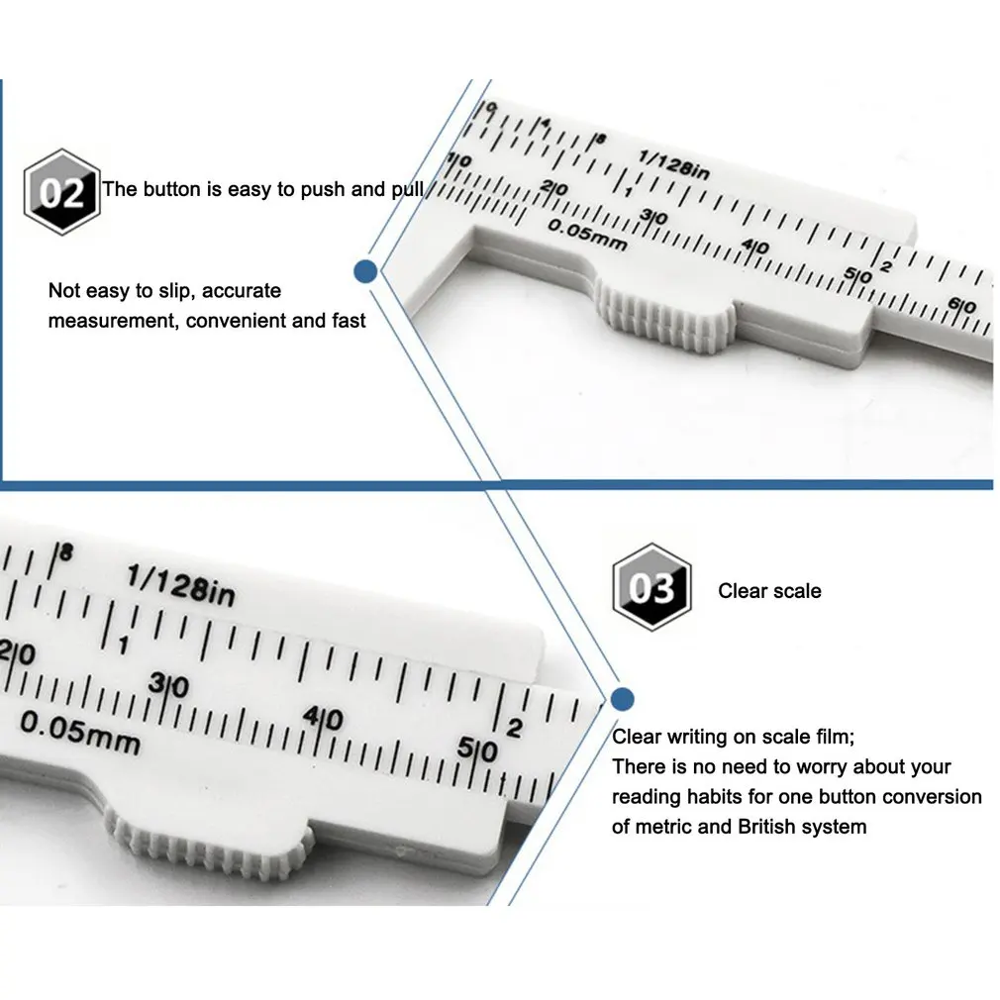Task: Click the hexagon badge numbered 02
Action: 61,192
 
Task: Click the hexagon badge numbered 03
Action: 650,588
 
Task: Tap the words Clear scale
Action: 769,591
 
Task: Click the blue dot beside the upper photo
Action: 365,270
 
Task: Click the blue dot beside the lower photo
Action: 622,700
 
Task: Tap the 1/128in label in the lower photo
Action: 181,585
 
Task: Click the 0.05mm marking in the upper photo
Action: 588,234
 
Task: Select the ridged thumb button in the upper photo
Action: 666,321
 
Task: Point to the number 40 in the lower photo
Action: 324,719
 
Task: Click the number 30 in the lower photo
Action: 169,686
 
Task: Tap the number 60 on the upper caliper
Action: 962,307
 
